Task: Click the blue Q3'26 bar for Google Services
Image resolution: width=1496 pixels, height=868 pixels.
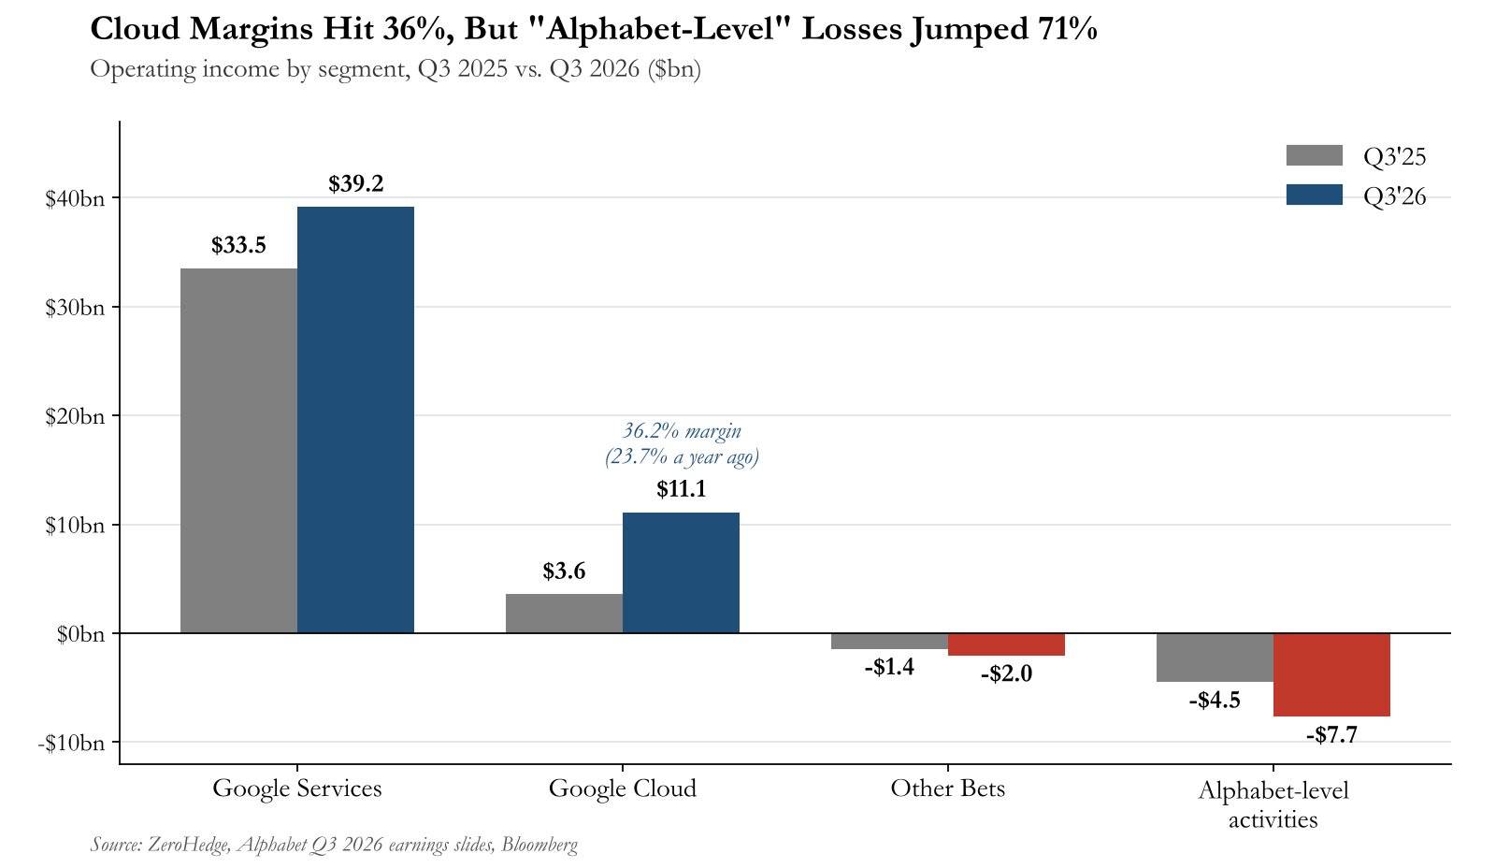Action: pos(355,420)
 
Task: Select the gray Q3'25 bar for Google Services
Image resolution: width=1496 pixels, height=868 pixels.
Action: pos(238,451)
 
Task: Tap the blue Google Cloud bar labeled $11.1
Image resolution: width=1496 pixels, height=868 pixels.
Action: pos(681,572)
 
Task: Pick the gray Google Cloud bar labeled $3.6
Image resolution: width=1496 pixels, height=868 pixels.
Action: pos(564,614)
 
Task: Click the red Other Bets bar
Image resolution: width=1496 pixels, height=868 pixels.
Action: pos(1006,644)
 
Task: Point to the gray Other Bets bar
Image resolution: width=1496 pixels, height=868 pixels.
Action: pos(889,641)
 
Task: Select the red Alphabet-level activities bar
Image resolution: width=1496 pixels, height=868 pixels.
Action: pos(1331,675)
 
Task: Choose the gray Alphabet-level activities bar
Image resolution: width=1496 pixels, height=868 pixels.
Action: pos(1215,658)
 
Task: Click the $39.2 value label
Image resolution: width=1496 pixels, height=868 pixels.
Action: pos(356,183)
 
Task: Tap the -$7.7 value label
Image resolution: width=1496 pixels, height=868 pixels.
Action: pos(1331,735)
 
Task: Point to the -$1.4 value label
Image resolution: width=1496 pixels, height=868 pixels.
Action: pos(889,667)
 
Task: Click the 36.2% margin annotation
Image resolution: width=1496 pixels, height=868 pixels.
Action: pos(682,431)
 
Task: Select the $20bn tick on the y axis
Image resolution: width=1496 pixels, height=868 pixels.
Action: pos(75,416)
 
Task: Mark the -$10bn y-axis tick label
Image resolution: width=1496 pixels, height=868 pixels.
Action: pos(71,743)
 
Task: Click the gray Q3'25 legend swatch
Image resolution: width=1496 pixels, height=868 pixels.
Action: pos(1315,155)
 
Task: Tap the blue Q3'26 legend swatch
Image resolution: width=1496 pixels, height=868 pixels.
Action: pos(1315,195)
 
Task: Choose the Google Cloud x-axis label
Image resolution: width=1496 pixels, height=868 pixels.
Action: pos(623,788)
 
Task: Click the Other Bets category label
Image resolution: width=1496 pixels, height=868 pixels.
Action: pos(948,788)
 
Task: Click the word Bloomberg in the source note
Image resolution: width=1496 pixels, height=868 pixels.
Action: pos(539,845)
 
